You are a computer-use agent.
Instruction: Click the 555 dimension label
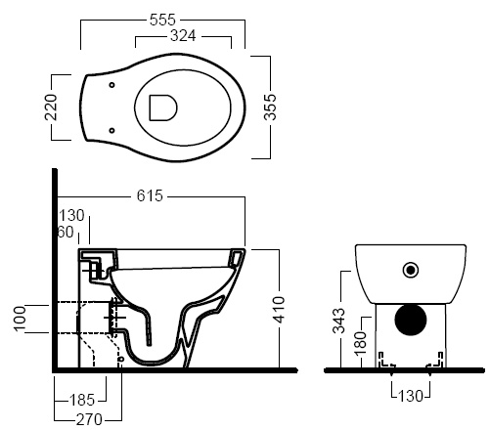tap(162, 20)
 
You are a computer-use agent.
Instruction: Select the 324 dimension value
tap(183, 36)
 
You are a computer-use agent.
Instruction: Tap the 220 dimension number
tap(51, 107)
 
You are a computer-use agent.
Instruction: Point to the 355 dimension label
tap(270, 107)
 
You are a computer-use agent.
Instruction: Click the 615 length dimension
tap(150, 195)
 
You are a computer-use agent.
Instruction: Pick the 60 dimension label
tap(66, 233)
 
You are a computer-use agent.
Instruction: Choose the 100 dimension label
tap(20, 319)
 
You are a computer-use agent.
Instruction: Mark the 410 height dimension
tap(279, 310)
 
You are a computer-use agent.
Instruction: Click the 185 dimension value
tap(82, 400)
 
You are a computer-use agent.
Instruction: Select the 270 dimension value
tap(89, 419)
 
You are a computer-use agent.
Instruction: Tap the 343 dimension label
tap(338, 322)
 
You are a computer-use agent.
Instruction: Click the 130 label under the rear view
tap(411, 396)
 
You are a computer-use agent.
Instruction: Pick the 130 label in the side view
tap(71, 215)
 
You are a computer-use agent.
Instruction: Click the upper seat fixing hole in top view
tap(111, 85)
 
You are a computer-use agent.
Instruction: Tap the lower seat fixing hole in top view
tap(111, 131)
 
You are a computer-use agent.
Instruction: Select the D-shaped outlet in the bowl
tap(163, 107)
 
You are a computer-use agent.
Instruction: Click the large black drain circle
tap(411, 320)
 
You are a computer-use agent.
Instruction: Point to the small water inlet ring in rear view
tap(411, 270)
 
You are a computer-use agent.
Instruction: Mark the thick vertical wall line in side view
tap(55, 270)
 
